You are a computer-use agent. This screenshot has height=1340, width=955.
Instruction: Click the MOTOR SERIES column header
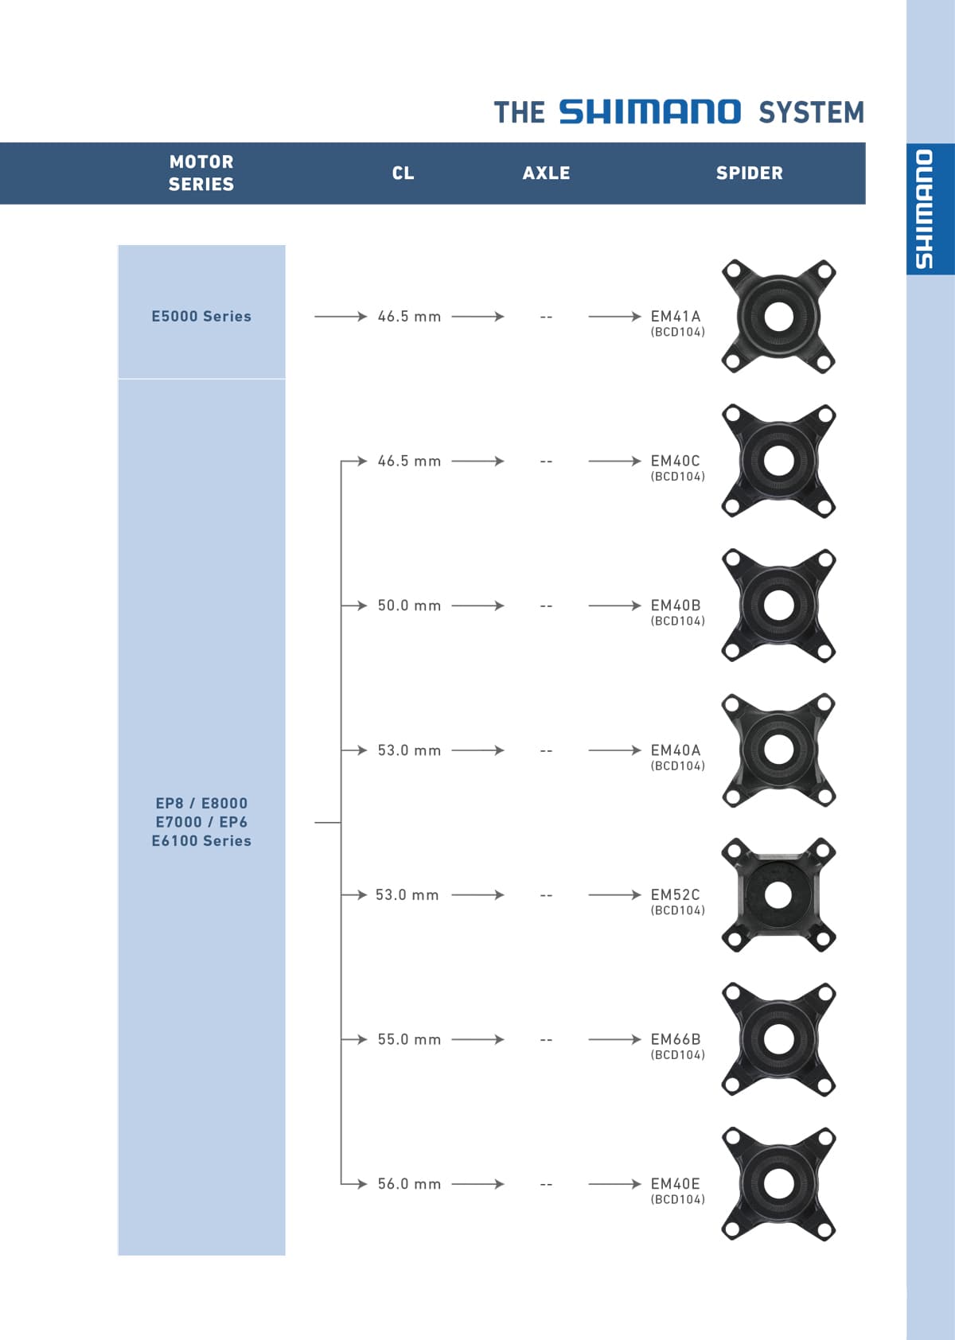pyautogui.click(x=201, y=173)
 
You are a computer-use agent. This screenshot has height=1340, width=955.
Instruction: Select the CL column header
pyautogui.click(x=403, y=173)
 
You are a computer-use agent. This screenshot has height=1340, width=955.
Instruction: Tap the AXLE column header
pyautogui.click(x=546, y=173)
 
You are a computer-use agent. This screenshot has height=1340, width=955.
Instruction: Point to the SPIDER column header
pyautogui.click(x=749, y=173)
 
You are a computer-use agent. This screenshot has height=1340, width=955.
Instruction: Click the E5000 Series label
pyautogui.click(x=201, y=316)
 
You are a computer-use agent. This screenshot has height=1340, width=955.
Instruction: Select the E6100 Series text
pyautogui.click(x=201, y=840)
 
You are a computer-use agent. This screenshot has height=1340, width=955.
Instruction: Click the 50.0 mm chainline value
pyautogui.click(x=409, y=606)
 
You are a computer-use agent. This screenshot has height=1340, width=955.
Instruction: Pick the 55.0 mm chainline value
pyautogui.click(x=409, y=1039)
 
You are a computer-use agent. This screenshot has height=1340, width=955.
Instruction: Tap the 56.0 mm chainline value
pyautogui.click(x=409, y=1184)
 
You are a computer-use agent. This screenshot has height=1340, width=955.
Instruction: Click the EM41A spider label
pyautogui.click(x=676, y=316)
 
